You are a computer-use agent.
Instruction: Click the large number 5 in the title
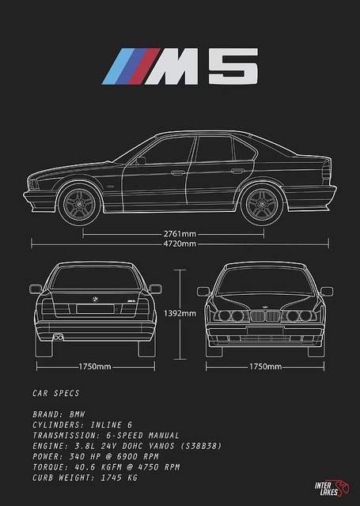(233, 66)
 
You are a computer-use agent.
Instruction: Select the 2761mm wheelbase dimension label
(180, 233)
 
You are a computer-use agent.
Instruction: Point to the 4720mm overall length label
(180, 244)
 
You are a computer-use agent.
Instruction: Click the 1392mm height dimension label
(180, 313)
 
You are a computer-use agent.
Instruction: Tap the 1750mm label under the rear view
(95, 367)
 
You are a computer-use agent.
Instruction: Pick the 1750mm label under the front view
(265, 367)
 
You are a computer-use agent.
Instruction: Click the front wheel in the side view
(79, 204)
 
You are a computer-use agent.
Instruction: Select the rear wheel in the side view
(262, 204)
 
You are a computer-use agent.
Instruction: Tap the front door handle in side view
(177, 173)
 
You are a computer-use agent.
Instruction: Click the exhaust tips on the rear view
(58, 338)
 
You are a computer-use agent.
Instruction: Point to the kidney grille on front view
(265, 316)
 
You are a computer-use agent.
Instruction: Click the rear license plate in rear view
(95, 309)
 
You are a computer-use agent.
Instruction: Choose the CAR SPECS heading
(56, 393)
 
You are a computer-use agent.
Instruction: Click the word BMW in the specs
(78, 414)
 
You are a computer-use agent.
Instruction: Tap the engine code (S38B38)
(201, 446)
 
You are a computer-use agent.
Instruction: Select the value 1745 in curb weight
(112, 478)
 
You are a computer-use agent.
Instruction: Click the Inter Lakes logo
(332, 489)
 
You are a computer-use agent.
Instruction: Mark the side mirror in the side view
(141, 160)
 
